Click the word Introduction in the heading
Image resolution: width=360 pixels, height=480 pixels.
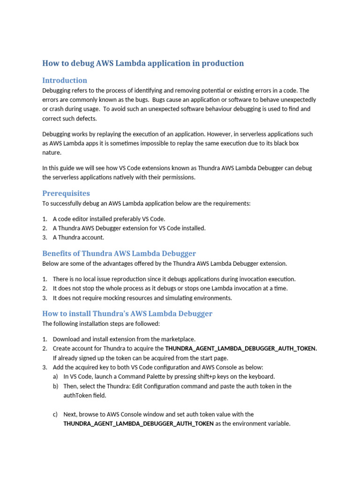point(65,80)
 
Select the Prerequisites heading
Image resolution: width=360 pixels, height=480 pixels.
point(66,193)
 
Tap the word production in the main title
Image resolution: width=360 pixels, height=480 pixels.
point(221,63)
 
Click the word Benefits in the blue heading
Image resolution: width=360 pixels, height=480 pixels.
point(57,254)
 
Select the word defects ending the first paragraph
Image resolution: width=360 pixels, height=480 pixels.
point(86,119)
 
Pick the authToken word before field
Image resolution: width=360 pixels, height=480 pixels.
point(78,395)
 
